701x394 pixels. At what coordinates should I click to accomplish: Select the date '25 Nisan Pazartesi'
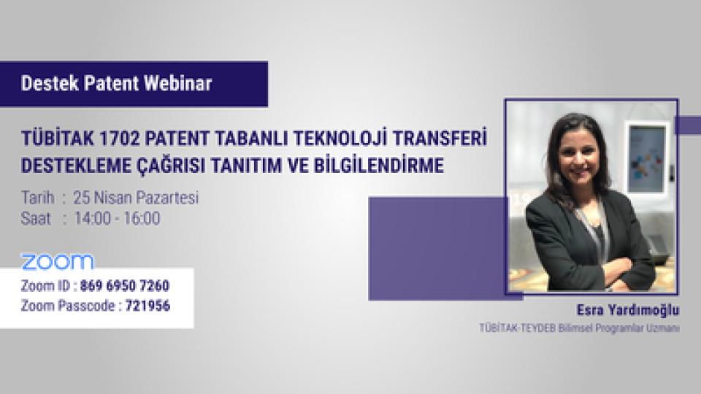141,198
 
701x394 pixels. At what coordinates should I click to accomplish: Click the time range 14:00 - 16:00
122,218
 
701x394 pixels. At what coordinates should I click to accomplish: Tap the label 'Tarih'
37,198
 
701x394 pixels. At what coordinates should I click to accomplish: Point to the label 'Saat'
36,218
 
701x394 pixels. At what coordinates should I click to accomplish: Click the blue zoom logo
57,261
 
